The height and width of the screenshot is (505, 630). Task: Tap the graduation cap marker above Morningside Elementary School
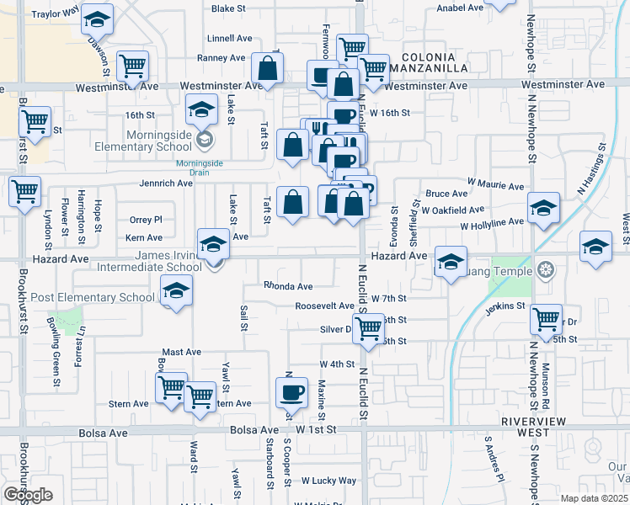pos(202,110)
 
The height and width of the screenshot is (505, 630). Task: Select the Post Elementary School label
pos(93,297)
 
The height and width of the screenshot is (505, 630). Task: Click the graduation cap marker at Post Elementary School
pos(175,293)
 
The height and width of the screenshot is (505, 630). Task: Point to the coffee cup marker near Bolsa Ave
pos(291,392)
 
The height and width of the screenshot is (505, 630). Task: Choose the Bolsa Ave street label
pos(102,433)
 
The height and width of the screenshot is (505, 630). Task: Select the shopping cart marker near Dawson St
pos(132,66)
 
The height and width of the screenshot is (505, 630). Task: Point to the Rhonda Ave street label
pos(288,286)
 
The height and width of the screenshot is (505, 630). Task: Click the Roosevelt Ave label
pos(324,306)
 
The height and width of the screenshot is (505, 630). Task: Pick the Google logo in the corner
pos(28,495)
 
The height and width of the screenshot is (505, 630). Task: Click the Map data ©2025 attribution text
pos(593,498)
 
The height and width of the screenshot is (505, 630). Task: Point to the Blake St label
pos(228,8)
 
